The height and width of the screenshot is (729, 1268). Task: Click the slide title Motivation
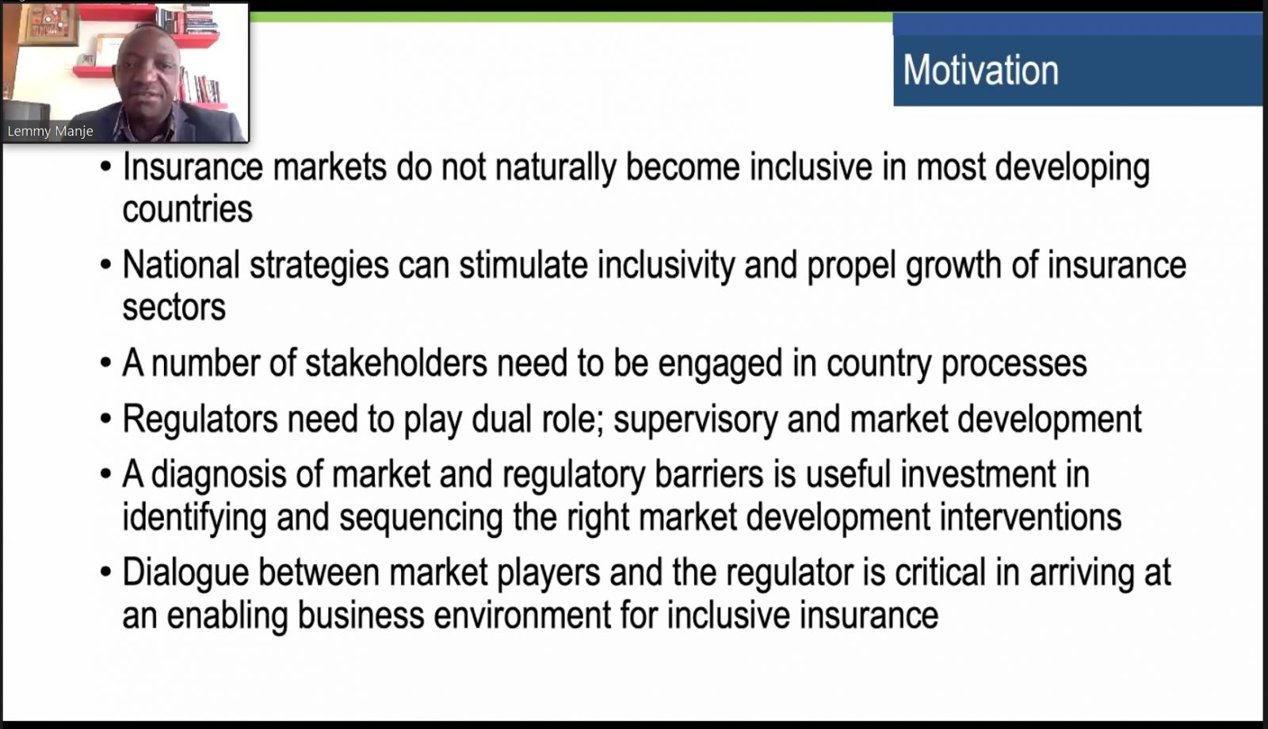980,71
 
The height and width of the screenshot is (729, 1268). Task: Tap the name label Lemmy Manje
51,131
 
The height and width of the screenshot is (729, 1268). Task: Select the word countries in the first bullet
187,209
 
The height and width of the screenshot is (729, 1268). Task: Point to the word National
181,264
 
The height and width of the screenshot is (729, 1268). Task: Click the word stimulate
524,264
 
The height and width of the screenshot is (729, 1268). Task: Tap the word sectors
174,307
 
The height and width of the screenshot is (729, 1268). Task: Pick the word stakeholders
396,363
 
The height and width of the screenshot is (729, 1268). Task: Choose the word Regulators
201,419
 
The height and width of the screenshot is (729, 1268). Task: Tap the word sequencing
421,516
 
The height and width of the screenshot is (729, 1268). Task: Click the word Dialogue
185,572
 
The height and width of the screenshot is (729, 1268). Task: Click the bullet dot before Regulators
106,420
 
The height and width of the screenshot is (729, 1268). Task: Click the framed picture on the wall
48,25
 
